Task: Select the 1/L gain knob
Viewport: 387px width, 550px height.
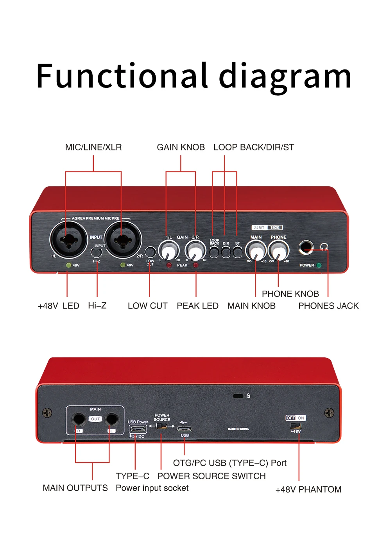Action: click(x=168, y=250)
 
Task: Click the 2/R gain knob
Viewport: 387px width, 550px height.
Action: click(x=195, y=250)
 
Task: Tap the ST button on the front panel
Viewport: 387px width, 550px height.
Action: click(x=237, y=252)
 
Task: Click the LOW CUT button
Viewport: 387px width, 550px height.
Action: click(x=150, y=252)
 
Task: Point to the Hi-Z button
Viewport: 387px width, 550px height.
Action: click(x=97, y=252)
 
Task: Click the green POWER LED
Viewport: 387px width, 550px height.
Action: click(x=319, y=265)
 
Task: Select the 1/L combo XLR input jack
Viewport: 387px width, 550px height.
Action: click(x=69, y=239)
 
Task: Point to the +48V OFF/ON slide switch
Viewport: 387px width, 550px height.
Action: click(x=296, y=426)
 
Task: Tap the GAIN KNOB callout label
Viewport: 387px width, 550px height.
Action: click(x=181, y=147)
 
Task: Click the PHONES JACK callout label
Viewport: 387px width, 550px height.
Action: click(x=328, y=306)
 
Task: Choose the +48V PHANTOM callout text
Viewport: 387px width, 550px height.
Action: click(x=308, y=489)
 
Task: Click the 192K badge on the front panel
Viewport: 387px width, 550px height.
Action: click(x=275, y=227)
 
